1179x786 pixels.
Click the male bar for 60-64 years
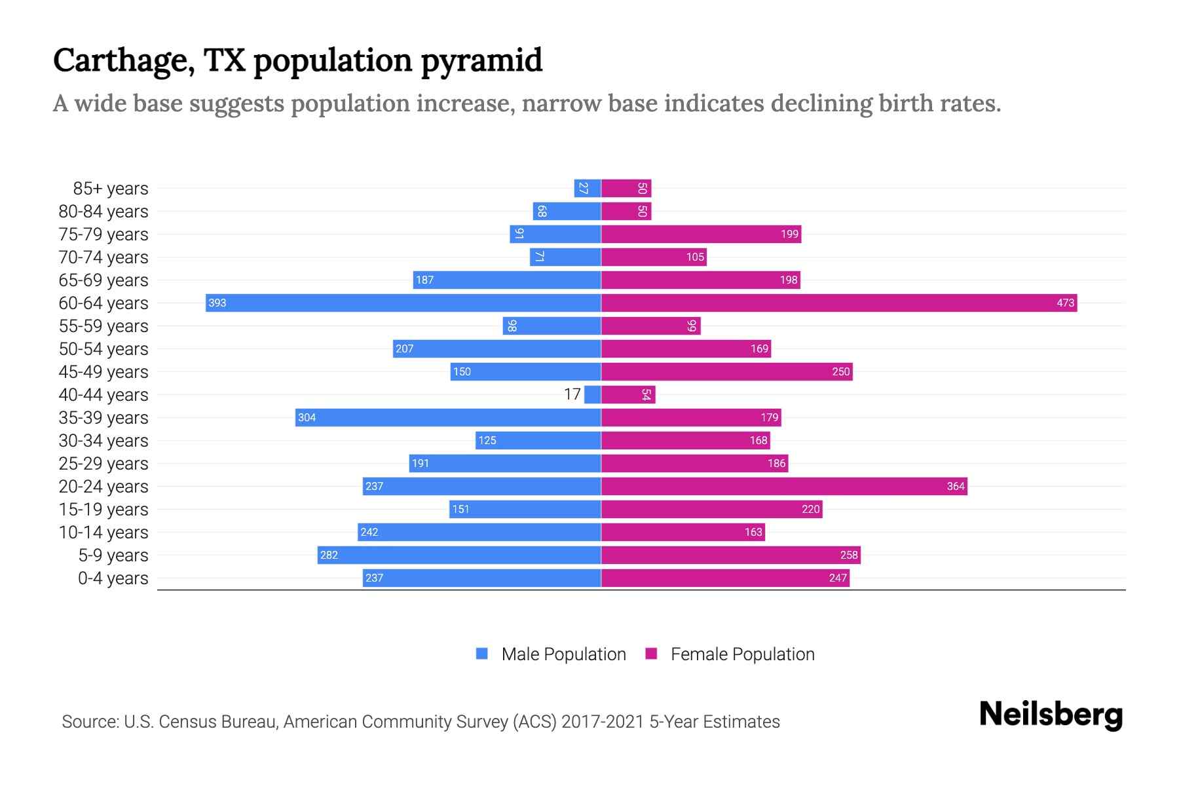coord(403,303)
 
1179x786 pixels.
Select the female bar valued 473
coord(838,303)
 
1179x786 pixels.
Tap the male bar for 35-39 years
coord(448,417)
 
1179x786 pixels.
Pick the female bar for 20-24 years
coord(784,486)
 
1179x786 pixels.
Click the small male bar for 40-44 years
coord(593,394)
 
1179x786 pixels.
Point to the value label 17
coord(572,394)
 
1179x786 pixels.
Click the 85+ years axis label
coord(110,189)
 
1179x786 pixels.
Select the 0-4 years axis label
coord(113,578)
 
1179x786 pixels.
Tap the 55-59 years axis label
coord(103,326)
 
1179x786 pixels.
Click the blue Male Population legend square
coord(482,654)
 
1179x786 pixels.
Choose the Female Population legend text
coord(742,654)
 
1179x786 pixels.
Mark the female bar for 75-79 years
coord(701,234)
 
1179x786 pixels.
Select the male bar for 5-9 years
coord(459,555)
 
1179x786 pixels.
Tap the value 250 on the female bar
coord(840,371)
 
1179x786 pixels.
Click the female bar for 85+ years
coord(626,189)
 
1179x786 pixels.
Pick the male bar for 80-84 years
coord(567,211)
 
